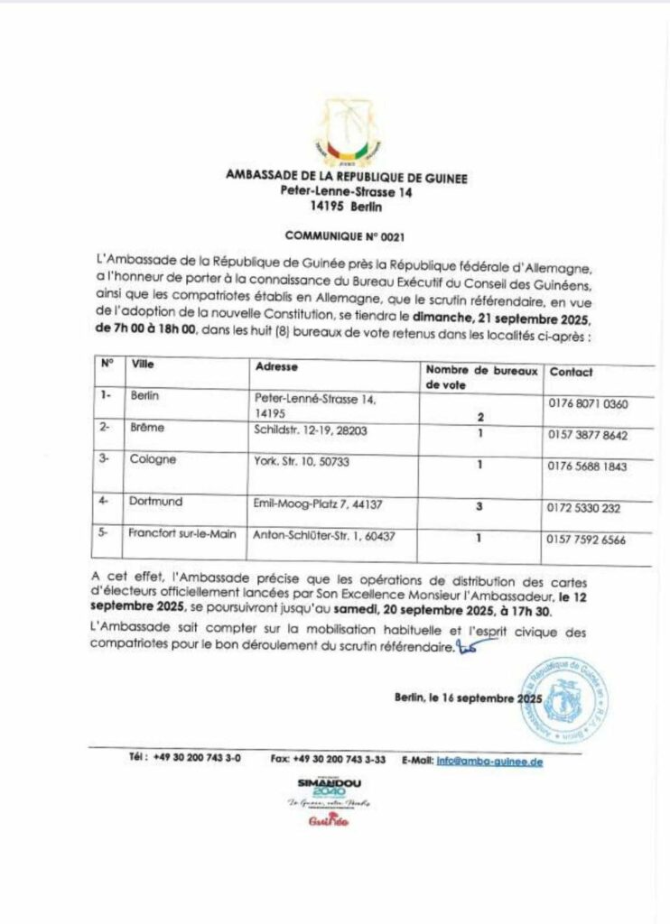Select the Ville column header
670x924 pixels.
tap(144, 365)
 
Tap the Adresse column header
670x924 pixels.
tap(276, 367)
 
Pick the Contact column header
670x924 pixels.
tap(572, 372)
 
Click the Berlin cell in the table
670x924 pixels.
tap(145, 395)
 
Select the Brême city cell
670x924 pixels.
tap(148, 428)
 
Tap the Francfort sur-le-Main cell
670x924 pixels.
tap(183, 532)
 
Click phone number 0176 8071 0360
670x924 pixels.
tap(588, 403)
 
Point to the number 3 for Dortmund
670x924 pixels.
tap(479, 506)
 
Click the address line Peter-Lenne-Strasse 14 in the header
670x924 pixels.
tap(346, 192)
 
